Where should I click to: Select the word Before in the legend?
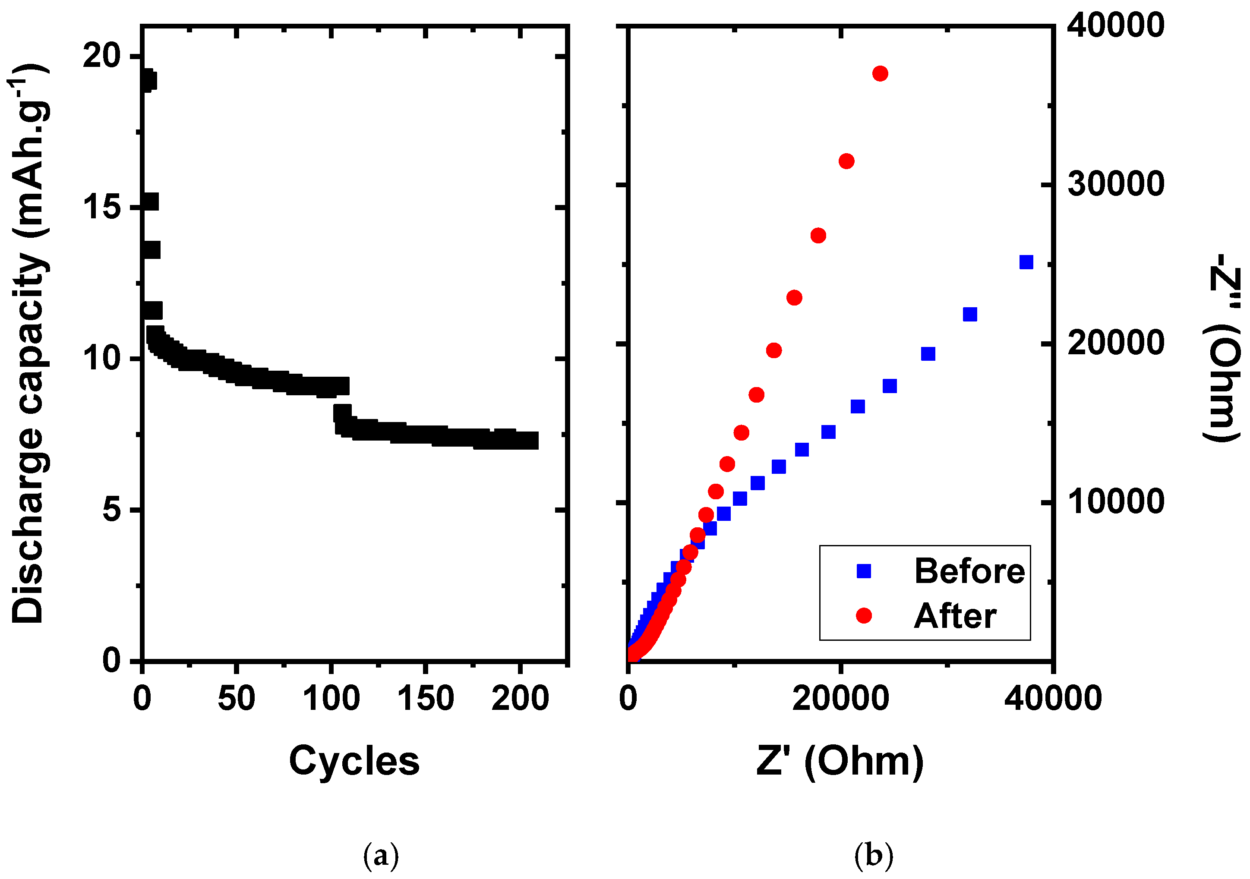tap(969, 571)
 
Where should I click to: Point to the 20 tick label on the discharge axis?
tap(101, 56)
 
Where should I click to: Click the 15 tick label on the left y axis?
tap(101, 208)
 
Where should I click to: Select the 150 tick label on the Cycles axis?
tap(425, 698)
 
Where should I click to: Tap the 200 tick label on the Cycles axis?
tap(520, 698)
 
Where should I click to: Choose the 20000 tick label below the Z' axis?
tap(840, 698)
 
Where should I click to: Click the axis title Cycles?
tap(354, 761)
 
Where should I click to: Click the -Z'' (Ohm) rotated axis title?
tap(1222, 348)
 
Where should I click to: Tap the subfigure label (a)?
tap(381, 855)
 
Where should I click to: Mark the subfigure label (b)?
tap(873, 855)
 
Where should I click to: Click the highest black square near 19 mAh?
tap(147, 81)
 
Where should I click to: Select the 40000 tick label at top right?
tap(1115, 25)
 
